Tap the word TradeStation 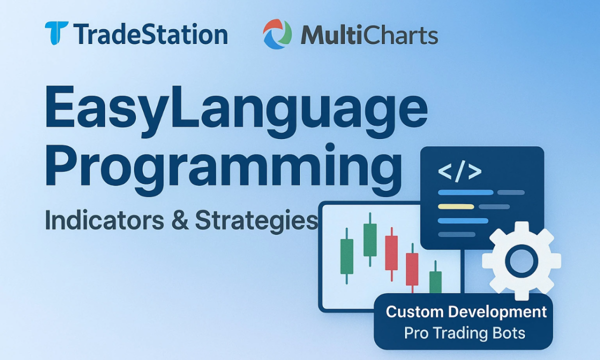tap(150, 34)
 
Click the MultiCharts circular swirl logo tap(277, 34)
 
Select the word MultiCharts tap(369, 34)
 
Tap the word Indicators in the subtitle tap(104, 220)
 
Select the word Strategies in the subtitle tap(256, 221)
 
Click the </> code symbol tap(459, 171)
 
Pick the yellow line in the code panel tap(456, 206)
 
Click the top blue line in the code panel tap(465, 192)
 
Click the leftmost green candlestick tap(346, 256)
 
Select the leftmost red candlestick tap(391, 254)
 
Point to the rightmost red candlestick tap(412, 268)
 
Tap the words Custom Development tap(466, 312)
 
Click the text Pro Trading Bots tap(464, 333)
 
